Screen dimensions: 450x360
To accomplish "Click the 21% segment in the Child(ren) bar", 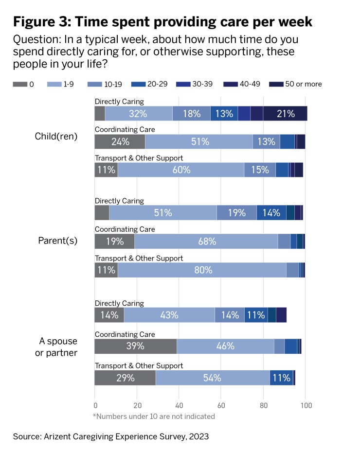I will [x=285, y=114].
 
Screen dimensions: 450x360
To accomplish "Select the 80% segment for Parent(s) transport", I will [x=202, y=270].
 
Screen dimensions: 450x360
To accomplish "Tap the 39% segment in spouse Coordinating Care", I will [x=135, y=346].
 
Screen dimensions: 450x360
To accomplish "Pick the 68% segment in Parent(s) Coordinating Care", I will [x=206, y=241].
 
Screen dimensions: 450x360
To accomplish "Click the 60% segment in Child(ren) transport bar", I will [x=180, y=170].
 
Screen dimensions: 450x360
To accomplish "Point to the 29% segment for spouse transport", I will [x=125, y=378].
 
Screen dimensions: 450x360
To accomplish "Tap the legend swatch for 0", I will [x=19, y=84].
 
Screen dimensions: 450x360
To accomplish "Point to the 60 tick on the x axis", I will [x=221, y=404].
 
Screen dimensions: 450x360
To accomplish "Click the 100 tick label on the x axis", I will [x=305, y=404].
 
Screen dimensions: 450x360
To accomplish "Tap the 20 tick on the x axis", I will [x=137, y=404].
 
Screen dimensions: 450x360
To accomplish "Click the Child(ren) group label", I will [x=56, y=137].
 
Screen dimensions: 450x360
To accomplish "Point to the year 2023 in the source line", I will [x=198, y=436].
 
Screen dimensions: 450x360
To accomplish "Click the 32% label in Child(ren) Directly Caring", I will [x=139, y=114].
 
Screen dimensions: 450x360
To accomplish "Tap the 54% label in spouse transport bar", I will [x=212, y=378].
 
